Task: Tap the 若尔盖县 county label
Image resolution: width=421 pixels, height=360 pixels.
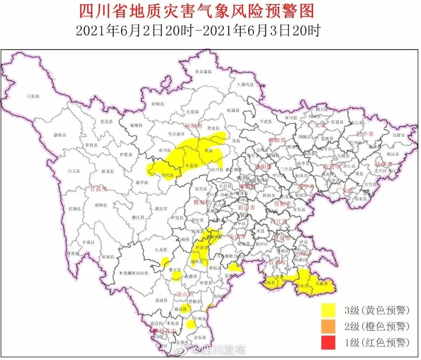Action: tap(203, 72)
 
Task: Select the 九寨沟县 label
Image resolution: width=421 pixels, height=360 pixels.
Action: tap(246, 84)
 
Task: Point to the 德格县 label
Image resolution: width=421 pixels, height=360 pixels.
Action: tap(60, 135)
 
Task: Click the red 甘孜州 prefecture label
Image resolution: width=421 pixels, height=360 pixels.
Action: tap(98, 189)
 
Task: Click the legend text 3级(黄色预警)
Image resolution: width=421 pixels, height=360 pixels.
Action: tap(377, 311)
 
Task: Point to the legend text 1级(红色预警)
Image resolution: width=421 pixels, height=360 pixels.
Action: tap(377, 343)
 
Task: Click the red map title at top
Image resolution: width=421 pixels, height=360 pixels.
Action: tap(196, 11)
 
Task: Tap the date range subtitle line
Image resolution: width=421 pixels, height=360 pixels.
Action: tap(198, 31)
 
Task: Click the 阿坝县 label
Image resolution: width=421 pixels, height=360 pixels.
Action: tap(158, 104)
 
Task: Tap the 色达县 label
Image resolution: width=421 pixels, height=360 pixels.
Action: tap(106, 122)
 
